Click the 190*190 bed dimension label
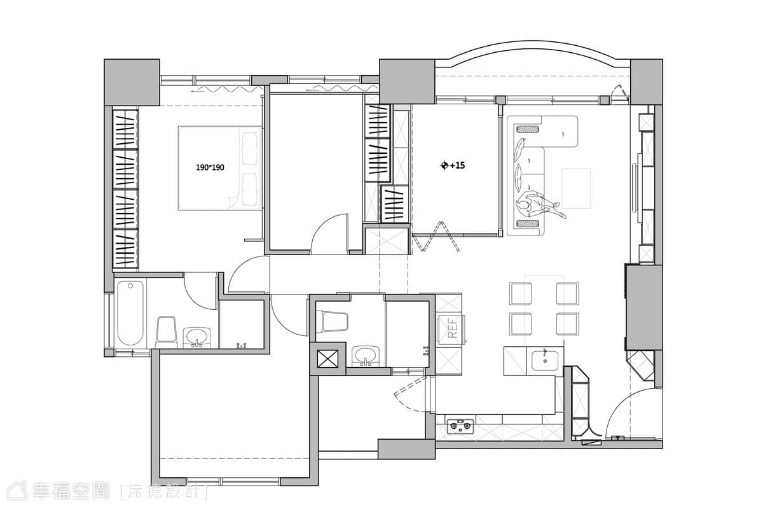coord(210,167)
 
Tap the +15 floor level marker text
coord(457,165)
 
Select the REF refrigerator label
coord(452,328)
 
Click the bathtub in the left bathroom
coord(130,312)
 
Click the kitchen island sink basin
coord(545,361)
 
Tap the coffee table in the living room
coord(576,188)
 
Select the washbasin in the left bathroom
coord(196,337)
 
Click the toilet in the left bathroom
coord(166,332)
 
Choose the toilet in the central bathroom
coord(332,321)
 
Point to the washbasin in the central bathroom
coord(366,356)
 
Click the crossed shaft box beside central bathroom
coord(327,359)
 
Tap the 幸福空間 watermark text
coord(71,491)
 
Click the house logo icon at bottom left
coord(18,491)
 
